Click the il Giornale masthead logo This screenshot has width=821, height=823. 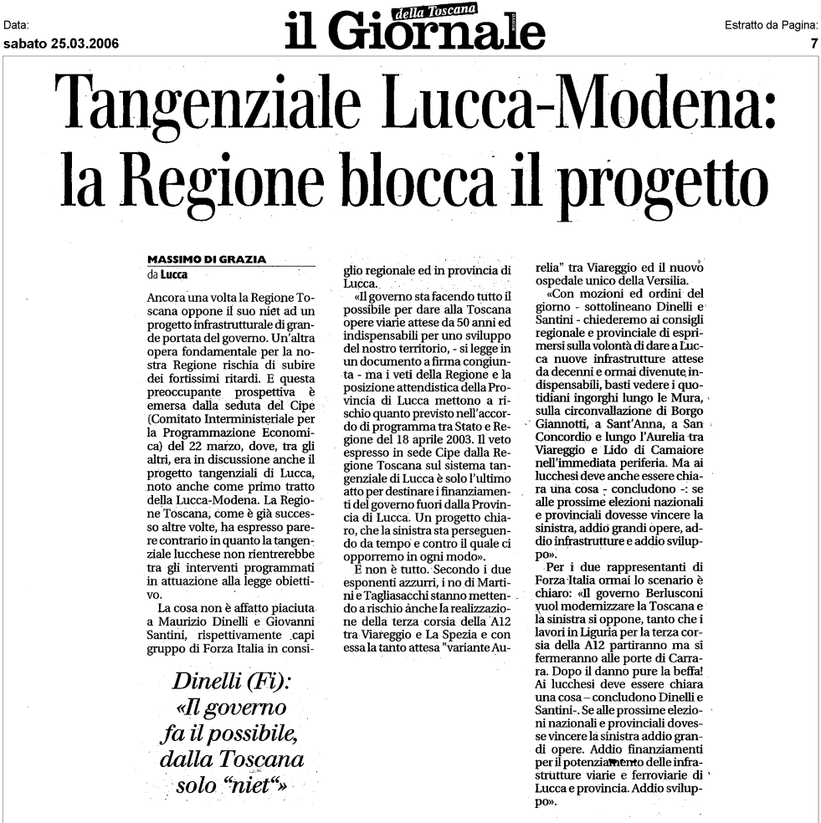pyautogui.click(x=414, y=32)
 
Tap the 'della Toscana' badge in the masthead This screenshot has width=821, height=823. pyautogui.click(x=434, y=11)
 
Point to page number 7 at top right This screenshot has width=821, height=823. pyautogui.click(x=813, y=44)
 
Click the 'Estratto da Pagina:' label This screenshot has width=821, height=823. pyautogui.click(x=771, y=26)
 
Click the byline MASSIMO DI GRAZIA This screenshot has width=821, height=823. pyautogui.click(x=207, y=259)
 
